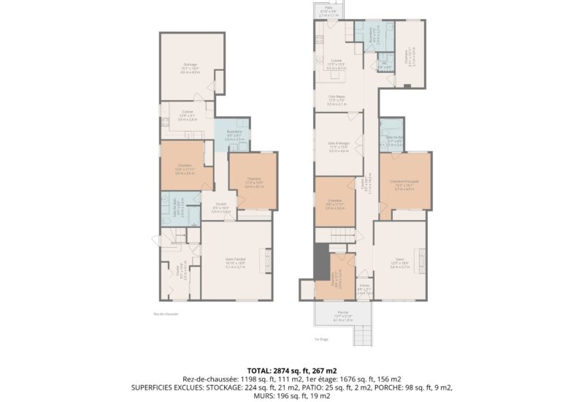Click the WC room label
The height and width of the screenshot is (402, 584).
[384, 65]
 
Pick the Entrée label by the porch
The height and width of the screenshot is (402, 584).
[364, 287]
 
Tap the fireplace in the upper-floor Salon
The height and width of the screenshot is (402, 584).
[423, 259]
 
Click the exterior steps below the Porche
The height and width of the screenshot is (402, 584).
[363, 335]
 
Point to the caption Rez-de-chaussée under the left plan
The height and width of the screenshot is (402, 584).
[166, 314]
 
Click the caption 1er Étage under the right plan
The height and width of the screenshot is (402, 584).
[318, 339]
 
